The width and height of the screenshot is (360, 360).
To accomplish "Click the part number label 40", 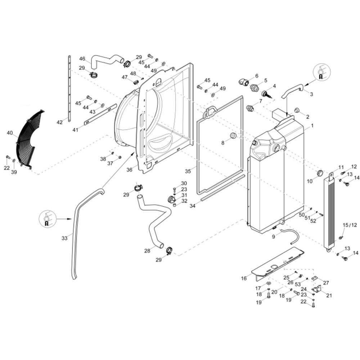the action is pos(10,133).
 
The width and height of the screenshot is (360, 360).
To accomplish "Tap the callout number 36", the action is pos(130,170).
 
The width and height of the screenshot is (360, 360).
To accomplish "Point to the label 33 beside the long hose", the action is pos(64,238).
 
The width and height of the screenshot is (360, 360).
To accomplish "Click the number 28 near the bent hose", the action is pos(147,251).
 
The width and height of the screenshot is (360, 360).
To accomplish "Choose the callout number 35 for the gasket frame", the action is pos(188,171).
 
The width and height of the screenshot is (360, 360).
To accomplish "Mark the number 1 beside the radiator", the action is pos(312,126).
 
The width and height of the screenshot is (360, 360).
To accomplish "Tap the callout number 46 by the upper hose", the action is pos(82,59).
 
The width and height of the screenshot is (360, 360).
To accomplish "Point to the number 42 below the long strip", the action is pos(59,123).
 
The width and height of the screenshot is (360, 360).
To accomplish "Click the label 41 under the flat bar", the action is pos(75,130).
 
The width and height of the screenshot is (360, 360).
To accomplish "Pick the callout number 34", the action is pos(192,206).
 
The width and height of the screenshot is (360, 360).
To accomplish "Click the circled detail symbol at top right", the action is pos(321,72).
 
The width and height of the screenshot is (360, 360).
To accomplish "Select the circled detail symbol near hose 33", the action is pos(47,219).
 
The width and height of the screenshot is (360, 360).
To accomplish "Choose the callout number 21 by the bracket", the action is pos(329,296).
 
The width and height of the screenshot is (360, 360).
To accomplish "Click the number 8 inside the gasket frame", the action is pos(223,143).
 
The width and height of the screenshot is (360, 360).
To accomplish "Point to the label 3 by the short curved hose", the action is pos(311,94).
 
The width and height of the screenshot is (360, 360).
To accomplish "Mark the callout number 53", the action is pos(298,284).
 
